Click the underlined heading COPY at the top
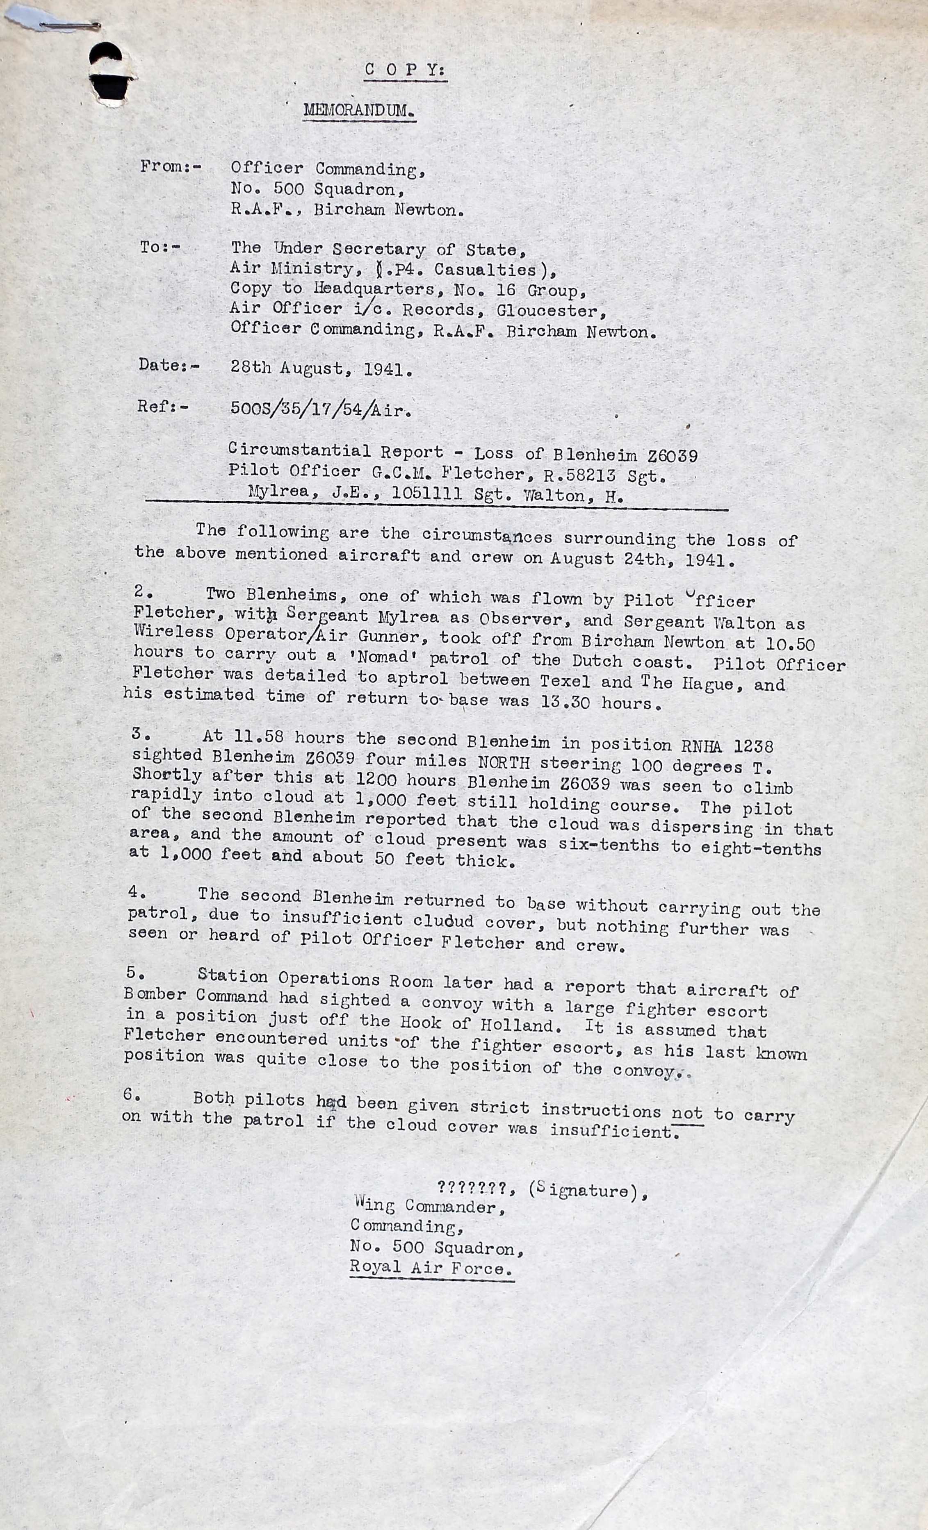[x=405, y=70]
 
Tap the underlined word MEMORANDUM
[x=359, y=111]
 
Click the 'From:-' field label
[x=171, y=166]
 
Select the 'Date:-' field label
[x=169, y=365]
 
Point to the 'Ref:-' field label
[x=163, y=407]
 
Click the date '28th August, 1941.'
[x=321, y=369]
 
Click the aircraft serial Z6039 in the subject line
[x=672, y=456]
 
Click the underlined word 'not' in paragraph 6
[x=686, y=1113]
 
